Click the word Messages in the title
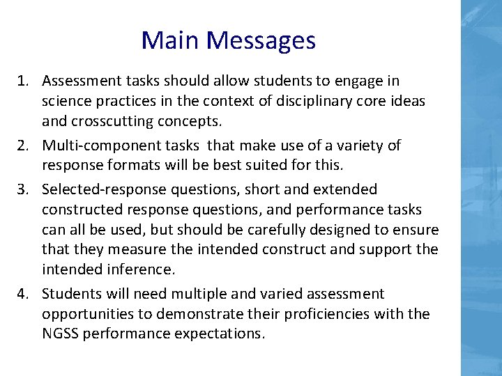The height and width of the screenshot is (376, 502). (x=261, y=40)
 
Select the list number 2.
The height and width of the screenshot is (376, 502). (x=24, y=146)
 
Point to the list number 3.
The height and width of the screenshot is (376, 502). (x=24, y=189)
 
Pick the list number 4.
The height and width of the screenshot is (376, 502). (x=24, y=294)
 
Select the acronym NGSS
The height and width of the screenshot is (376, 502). (x=59, y=334)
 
